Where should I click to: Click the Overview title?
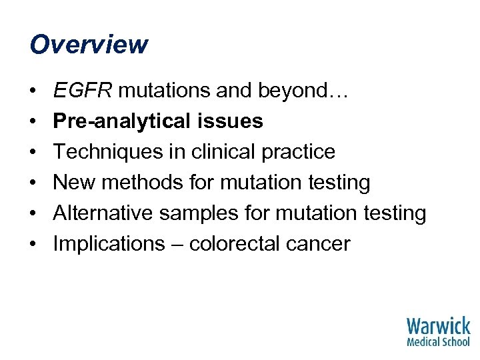point(89,45)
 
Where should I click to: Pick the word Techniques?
point(102,152)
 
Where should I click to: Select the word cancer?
point(319,244)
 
